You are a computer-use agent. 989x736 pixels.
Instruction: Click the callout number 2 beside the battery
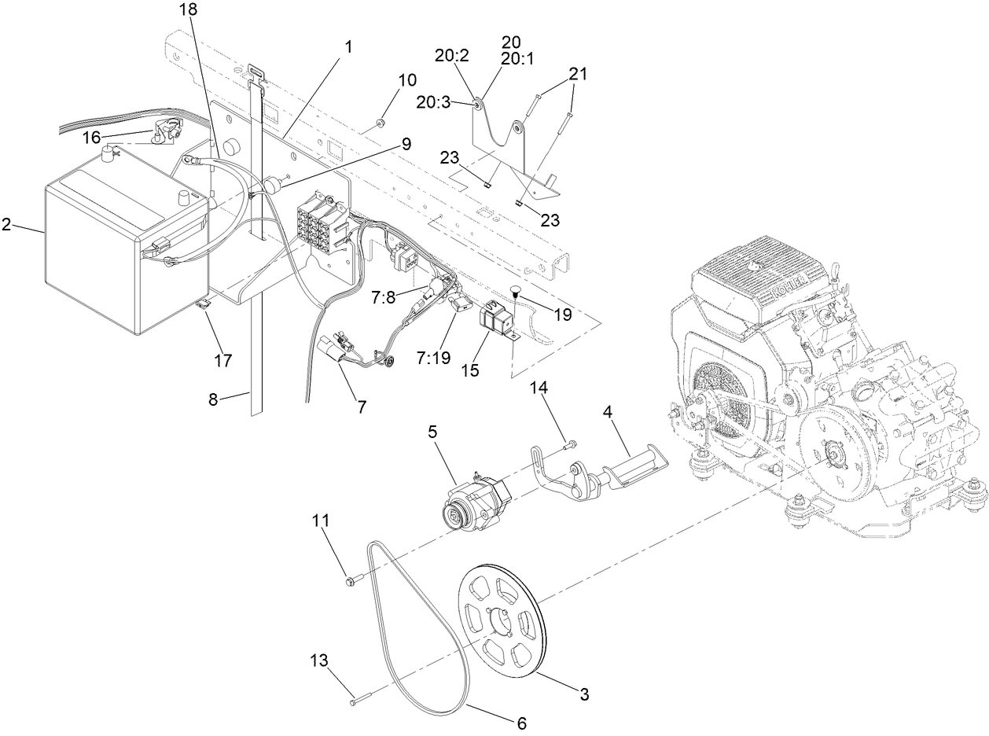point(6,225)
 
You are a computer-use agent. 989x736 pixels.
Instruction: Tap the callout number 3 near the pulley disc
point(583,694)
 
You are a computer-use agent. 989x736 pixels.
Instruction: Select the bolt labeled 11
point(351,581)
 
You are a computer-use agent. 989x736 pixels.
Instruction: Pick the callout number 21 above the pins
point(578,74)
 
